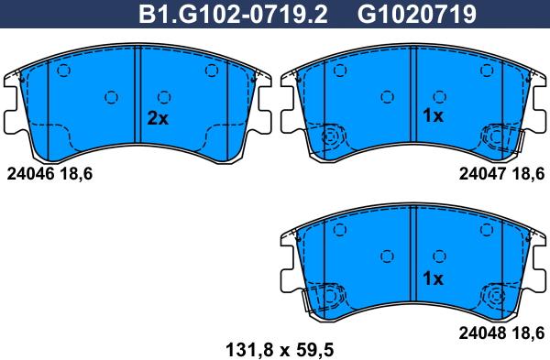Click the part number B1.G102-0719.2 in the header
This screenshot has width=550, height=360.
pos(233,14)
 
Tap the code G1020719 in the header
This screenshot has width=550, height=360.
pos(402,14)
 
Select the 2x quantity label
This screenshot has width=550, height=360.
pos(158,118)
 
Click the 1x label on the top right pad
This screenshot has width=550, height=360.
pos(432,116)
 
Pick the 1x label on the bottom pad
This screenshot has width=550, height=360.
pos(433,278)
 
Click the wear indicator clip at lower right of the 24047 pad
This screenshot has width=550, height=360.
pos(500,138)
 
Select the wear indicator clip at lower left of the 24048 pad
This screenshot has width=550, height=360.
pos(328,299)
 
